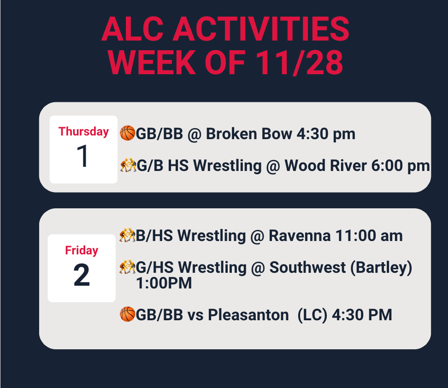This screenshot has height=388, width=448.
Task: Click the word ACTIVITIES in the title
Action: [261, 29]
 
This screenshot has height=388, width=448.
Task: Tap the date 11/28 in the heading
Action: [299, 62]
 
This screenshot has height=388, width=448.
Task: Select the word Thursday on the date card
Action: [83, 132]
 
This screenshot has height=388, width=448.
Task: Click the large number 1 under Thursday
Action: [83, 156]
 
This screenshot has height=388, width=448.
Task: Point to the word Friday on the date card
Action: [82, 250]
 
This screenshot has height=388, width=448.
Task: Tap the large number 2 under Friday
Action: [82, 275]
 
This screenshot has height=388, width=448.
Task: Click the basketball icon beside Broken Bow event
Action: [127, 133]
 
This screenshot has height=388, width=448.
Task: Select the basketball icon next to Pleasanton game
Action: [127, 314]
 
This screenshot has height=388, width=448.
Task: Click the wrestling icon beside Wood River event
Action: [128, 165]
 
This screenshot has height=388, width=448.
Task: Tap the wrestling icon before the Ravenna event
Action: [127, 235]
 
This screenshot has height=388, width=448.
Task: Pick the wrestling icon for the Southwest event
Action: [127, 267]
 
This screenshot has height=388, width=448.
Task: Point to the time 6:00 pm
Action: [400, 166]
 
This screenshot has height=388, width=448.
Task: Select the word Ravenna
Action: [300, 236]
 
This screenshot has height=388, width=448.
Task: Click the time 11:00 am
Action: [369, 236]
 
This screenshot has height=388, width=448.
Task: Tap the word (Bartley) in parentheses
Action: [381, 268]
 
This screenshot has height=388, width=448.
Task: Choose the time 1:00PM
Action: [164, 283]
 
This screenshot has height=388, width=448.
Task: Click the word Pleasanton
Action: [248, 315]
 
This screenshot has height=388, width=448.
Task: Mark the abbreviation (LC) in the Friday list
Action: [312, 315]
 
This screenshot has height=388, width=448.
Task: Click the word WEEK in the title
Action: [152, 62]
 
